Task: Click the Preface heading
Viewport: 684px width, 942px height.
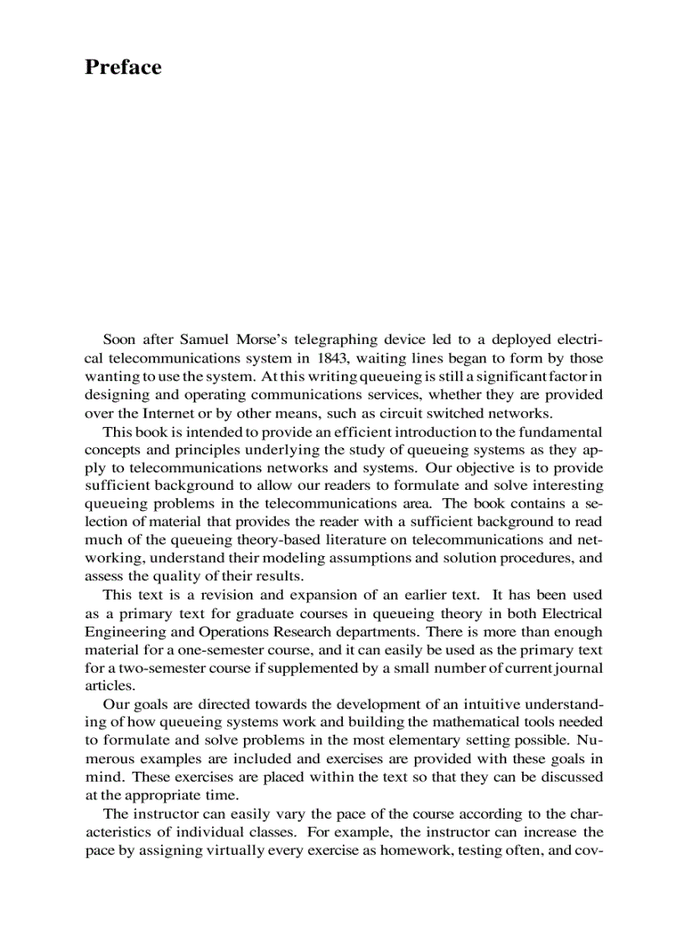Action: [x=123, y=68]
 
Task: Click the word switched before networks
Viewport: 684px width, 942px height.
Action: [x=456, y=413]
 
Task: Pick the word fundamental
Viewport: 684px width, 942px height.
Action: [x=557, y=431]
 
